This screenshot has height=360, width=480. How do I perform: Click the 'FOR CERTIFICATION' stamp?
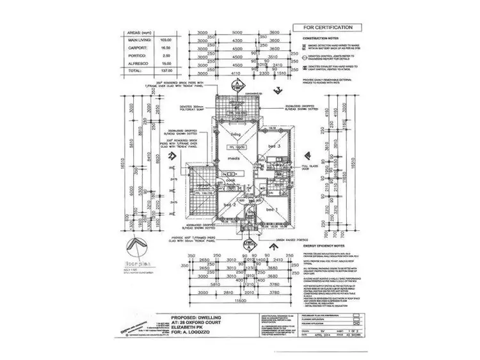[x=324, y=28]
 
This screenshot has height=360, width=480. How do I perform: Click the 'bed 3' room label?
[x=275, y=146]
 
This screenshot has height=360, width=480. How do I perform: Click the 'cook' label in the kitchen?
[x=228, y=180]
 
